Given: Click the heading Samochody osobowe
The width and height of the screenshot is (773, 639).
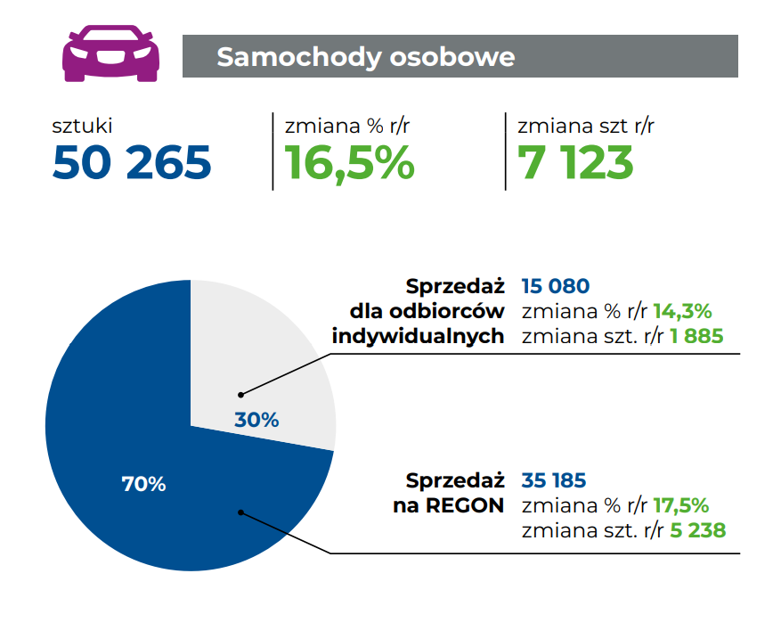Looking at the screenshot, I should tap(366, 57).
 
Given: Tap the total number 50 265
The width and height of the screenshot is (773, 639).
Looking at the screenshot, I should tap(132, 162).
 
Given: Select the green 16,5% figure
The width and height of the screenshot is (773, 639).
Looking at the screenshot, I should tap(350, 162).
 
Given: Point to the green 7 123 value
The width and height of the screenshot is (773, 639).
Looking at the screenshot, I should tap(575, 162).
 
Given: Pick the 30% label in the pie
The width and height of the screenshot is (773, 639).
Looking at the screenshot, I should tap(256, 419).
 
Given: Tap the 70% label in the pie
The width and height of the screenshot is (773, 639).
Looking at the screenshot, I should tap(143, 484).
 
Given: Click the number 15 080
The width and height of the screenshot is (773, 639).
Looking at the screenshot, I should tap(556, 287).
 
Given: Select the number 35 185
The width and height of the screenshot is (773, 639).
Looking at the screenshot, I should tap(554, 481).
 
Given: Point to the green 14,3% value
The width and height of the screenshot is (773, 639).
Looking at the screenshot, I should tap(683, 312).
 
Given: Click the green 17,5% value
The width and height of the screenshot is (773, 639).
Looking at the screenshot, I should tap(681, 506).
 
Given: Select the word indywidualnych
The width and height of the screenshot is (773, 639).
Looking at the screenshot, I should tap(419, 337).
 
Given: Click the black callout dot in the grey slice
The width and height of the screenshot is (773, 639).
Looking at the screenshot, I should tap(240, 393).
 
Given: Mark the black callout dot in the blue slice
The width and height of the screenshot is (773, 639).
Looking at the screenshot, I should tap(240, 512).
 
